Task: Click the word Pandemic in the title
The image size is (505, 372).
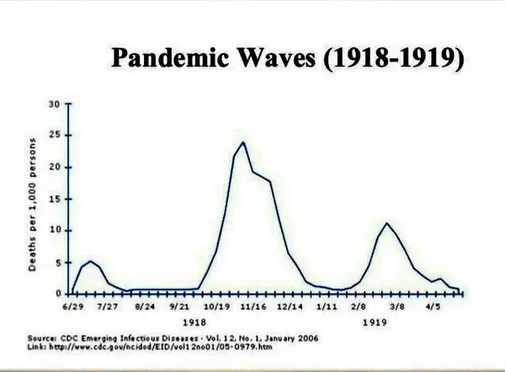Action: point(169,58)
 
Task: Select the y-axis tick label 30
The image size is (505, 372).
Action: point(55,104)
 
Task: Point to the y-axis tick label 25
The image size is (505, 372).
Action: point(55,135)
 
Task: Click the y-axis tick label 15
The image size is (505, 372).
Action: point(55,199)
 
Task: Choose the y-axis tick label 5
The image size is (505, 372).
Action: point(57,263)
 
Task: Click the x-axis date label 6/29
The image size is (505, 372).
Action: point(73,306)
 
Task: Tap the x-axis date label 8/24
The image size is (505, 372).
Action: point(145,306)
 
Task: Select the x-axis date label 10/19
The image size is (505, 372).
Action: point(217,306)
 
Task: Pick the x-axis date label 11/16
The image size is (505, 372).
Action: point(253,306)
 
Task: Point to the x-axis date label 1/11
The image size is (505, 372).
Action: point(327,306)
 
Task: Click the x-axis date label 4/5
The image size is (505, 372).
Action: point(433,306)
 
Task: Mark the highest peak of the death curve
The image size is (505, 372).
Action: point(243,142)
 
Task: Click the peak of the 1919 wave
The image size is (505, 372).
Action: point(386,223)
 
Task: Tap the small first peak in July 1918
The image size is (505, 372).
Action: point(90,261)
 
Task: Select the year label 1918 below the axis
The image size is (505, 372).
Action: point(194,322)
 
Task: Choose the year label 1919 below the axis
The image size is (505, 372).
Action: point(375,322)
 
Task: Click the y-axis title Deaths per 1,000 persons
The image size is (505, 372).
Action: point(32,205)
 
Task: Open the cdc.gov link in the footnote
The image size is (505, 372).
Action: point(161,347)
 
